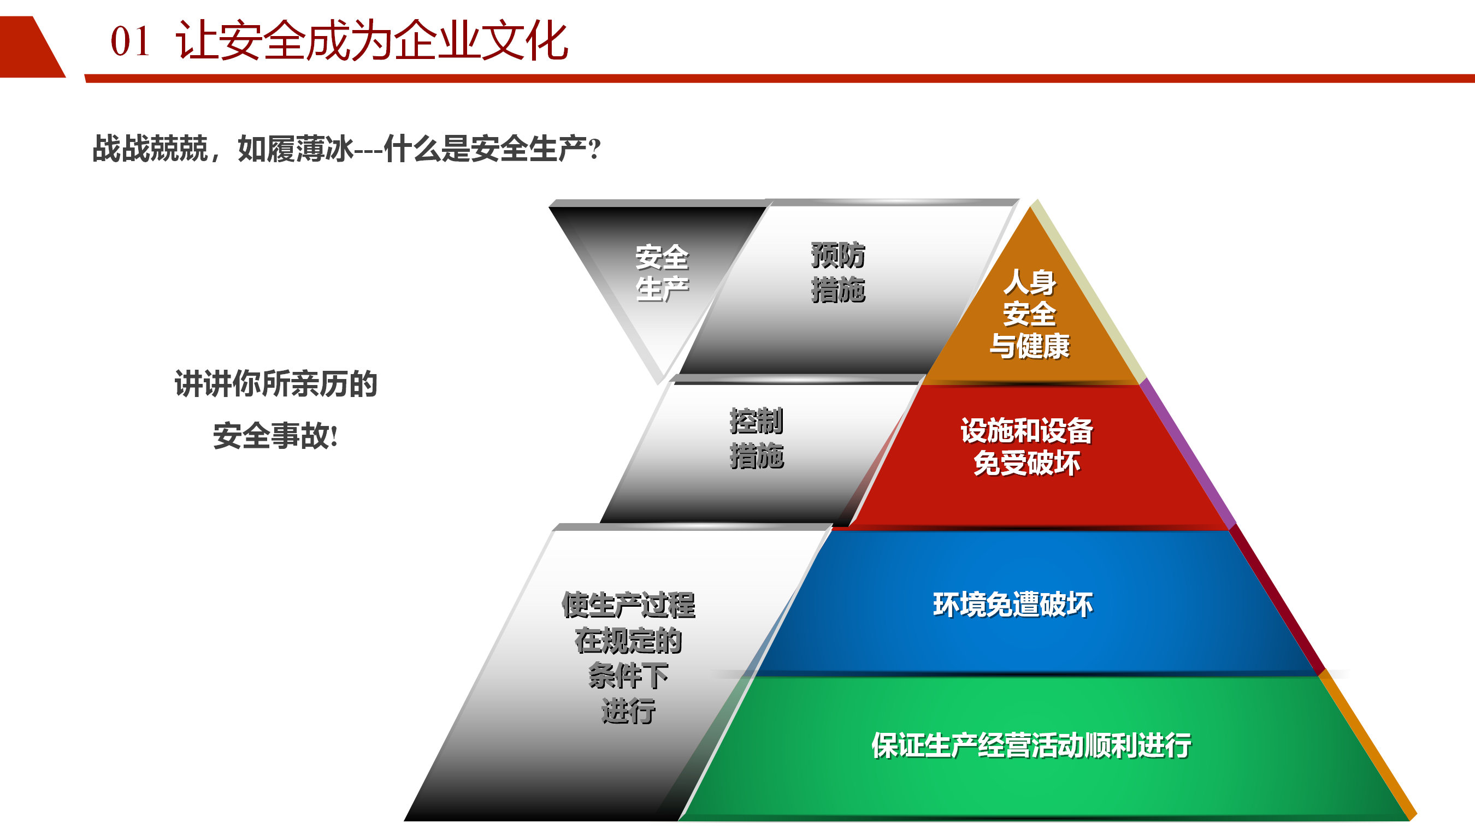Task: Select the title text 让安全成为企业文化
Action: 371,40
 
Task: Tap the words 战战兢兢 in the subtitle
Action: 150,149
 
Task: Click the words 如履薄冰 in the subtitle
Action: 296,149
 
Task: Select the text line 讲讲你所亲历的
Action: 276,383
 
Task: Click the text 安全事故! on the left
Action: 275,436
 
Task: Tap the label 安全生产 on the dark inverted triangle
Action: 662,273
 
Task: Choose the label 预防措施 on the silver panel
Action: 837,272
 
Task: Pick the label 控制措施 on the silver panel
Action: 757,439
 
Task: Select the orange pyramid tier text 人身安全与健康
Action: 1030,315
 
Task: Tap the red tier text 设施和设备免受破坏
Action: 1026,447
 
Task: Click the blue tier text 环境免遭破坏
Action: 1013,605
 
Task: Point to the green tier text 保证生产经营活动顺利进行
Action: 1031,745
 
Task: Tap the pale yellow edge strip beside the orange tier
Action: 1090,291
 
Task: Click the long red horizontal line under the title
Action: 780,79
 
